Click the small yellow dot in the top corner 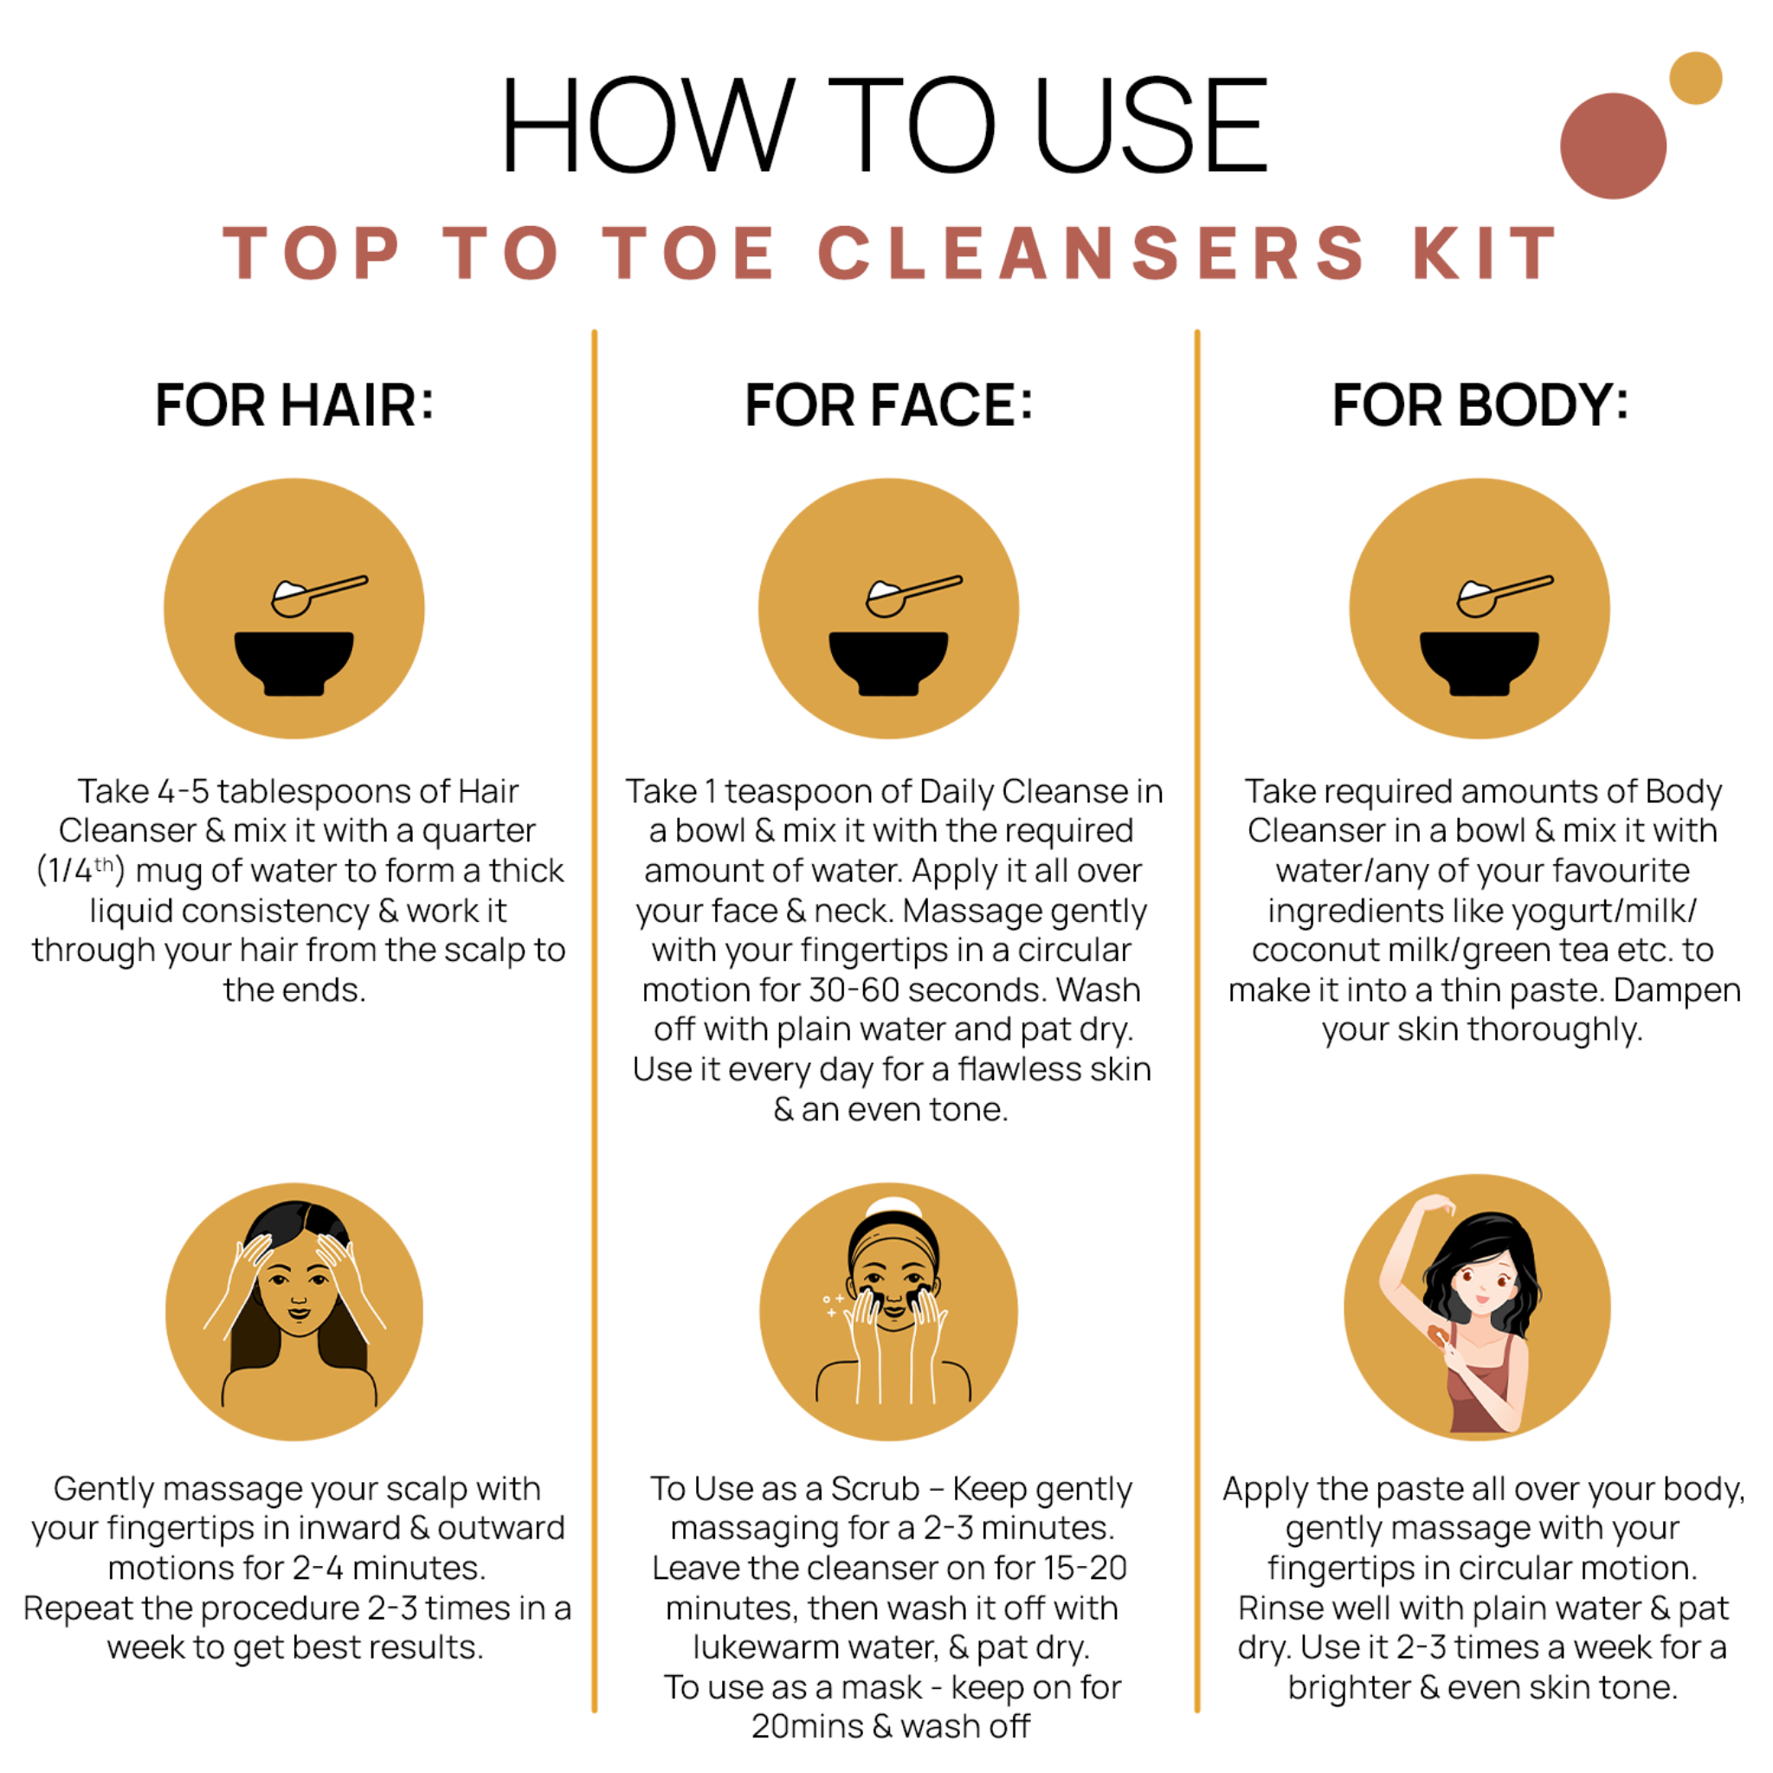coord(1695,78)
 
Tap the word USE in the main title coord(1151,125)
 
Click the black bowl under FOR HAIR coord(293,662)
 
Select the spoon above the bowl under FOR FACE coord(914,595)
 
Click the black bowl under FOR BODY coord(1480,662)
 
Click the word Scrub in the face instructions coord(874,1488)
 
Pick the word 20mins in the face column coord(808,1726)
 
